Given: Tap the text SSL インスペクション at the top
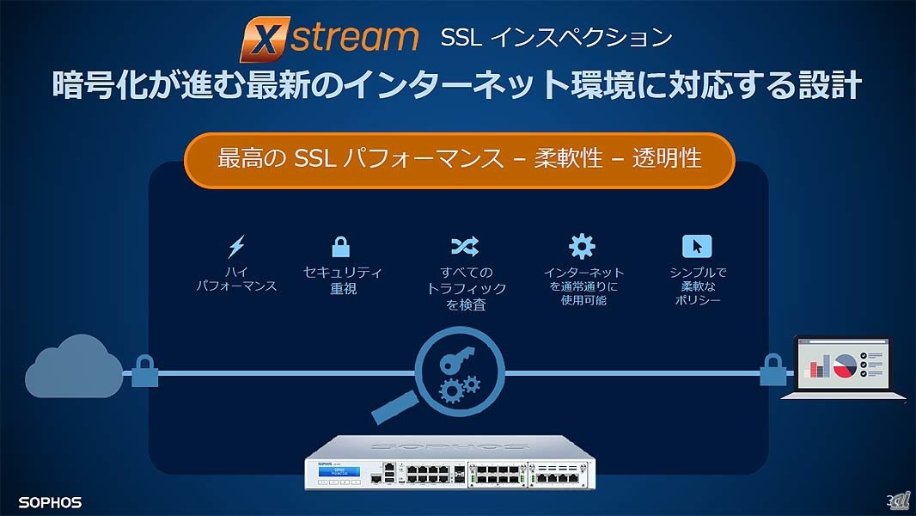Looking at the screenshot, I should (x=555, y=38).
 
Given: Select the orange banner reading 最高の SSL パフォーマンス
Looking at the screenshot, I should (x=460, y=159).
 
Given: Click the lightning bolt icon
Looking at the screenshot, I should (x=236, y=247).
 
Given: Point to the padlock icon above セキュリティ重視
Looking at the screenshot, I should (x=341, y=247).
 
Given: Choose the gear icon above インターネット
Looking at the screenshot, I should (x=582, y=247).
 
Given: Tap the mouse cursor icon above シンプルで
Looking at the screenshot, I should (x=697, y=247).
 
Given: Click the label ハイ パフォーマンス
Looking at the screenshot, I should (x=236, y=279).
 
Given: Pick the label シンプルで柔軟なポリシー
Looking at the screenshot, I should (x=697, y=286).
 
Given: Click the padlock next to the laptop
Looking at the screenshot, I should (x=772, y=372).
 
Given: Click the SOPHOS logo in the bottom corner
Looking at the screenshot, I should (x=50, y=501).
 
